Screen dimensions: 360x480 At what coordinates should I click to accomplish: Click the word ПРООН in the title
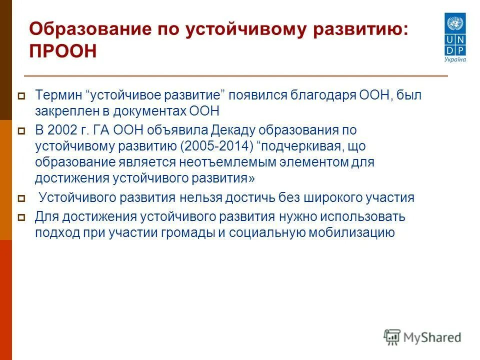coord(62,51)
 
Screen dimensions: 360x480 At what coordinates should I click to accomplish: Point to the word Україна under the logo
coord(455,59)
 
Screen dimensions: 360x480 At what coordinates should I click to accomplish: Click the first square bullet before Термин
coord(21,95)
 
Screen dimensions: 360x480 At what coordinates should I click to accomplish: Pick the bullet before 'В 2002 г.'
coord(21,131)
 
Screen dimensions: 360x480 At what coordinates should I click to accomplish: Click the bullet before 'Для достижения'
coord(21,217)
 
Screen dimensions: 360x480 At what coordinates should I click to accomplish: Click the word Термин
coord(57,95)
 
